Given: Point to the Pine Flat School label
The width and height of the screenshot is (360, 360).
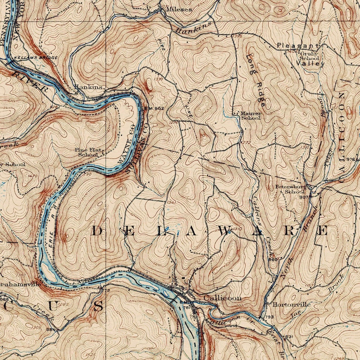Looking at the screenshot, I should pyautogui.click(x=88, y=152).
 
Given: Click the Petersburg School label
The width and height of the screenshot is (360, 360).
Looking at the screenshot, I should pyautogui.click(x=291, y=189).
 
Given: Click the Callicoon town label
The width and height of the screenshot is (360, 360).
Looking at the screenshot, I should pyautogui.click(x=222, y=298).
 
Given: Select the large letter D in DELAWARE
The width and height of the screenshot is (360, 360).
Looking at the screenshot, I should pyautogui.click(x=97, y=231).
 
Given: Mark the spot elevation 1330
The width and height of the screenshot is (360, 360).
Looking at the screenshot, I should pyautogui.click(x=158, y=79).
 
